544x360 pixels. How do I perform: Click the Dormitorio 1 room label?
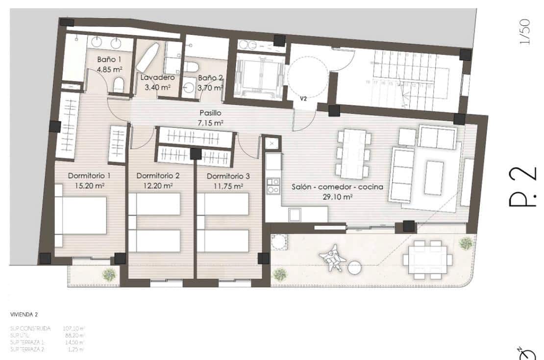tap(89, 176)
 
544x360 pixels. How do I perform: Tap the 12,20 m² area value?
tap(158, 186)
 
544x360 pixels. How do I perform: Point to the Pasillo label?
tap(210, 112)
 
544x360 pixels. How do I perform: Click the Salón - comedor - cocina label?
tap(337, 187)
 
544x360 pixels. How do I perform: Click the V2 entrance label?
tap(303, 99)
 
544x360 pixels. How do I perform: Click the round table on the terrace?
tap(354, 268)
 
